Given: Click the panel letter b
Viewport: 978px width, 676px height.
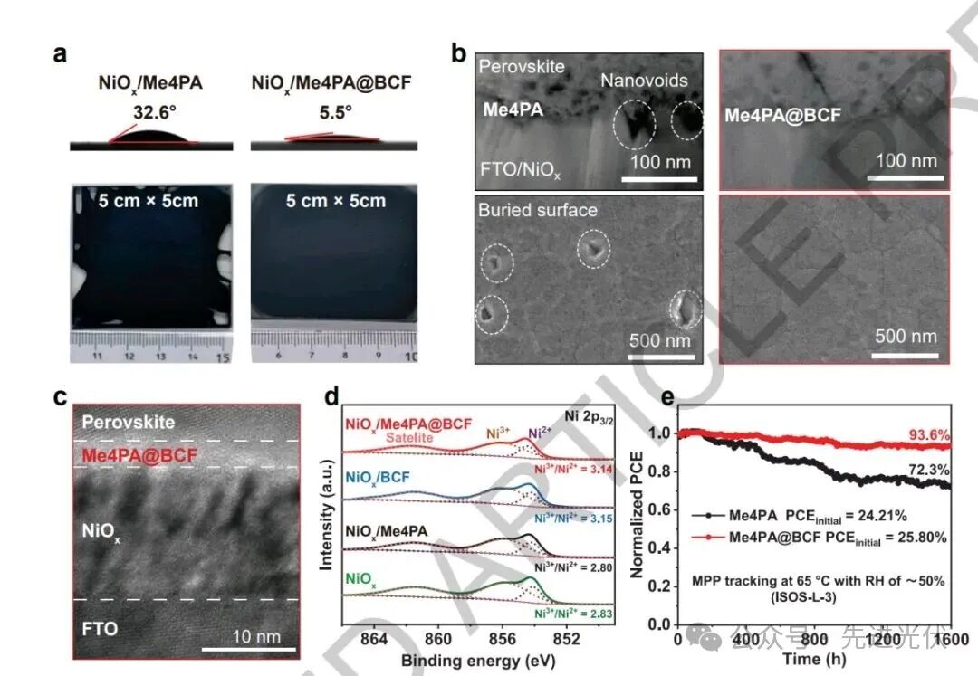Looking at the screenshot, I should [459, 54].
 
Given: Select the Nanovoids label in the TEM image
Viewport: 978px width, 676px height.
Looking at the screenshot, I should [644, 81].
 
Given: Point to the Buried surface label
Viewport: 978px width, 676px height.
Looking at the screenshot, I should [538, 211].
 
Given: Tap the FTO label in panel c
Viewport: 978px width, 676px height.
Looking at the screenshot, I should [99, 627].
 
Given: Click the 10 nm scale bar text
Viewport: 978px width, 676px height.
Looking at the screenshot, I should [256, 636].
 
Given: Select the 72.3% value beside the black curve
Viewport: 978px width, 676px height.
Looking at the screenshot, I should [930, 471].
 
